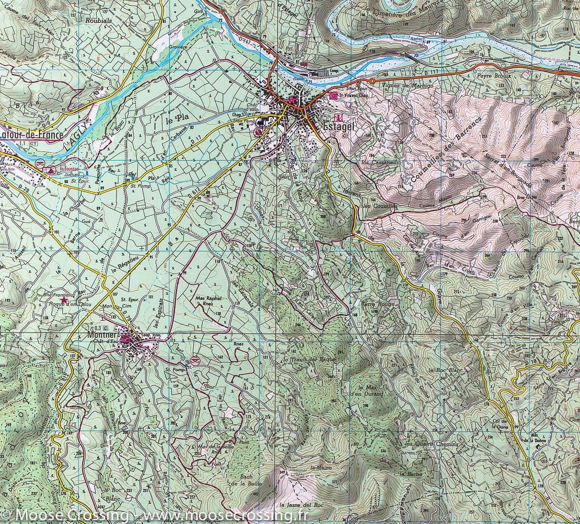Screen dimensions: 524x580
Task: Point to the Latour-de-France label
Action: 32,135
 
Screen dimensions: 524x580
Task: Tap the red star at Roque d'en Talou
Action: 64,300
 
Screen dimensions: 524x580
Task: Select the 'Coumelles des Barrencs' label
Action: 439,150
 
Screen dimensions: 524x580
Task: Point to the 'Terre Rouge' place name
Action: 378,305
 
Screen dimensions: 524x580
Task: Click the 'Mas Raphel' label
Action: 209,299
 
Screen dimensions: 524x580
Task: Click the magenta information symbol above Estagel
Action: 339,117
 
